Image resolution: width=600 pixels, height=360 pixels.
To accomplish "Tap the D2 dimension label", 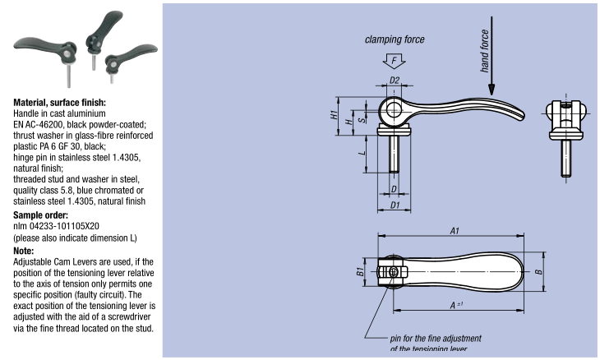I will [x=395, y=80].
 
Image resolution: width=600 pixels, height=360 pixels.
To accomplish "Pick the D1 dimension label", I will [x=395, y=204].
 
